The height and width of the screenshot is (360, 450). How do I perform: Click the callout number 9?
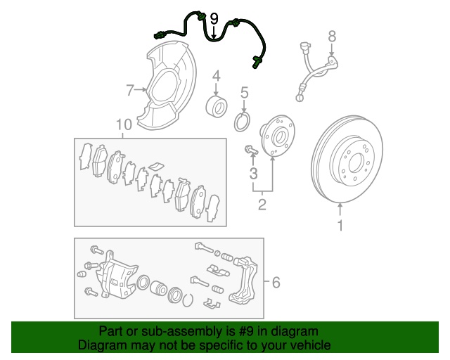click(x=214, y=19)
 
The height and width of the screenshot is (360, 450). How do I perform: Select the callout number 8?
click(x=332, y=37)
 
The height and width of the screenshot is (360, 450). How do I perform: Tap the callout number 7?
click(x=130, y=90)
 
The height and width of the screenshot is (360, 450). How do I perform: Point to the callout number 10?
click(x=124, y=124)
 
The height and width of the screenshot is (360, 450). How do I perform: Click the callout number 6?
click(x=276, y=283)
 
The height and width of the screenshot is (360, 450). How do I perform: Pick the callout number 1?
click(x=340, y=226)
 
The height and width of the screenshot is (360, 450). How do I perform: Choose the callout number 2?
click(x=262, y=205)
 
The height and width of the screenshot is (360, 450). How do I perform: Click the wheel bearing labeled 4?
click(x=217, y=106)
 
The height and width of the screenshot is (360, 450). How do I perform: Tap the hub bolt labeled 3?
click(x=251, y=150)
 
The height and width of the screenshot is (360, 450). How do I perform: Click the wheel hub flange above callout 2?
click(x=278, y=136)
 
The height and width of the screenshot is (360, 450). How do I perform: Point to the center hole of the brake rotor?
click(x=356, y=163)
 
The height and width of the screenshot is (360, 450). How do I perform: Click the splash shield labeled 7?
click(x=167, y=86)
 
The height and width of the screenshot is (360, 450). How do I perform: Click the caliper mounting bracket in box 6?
click(x=245, y=279)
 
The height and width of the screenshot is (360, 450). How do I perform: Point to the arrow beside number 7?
click(x=141, y=90)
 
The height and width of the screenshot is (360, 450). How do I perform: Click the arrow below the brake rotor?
click(x=340, y=210)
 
